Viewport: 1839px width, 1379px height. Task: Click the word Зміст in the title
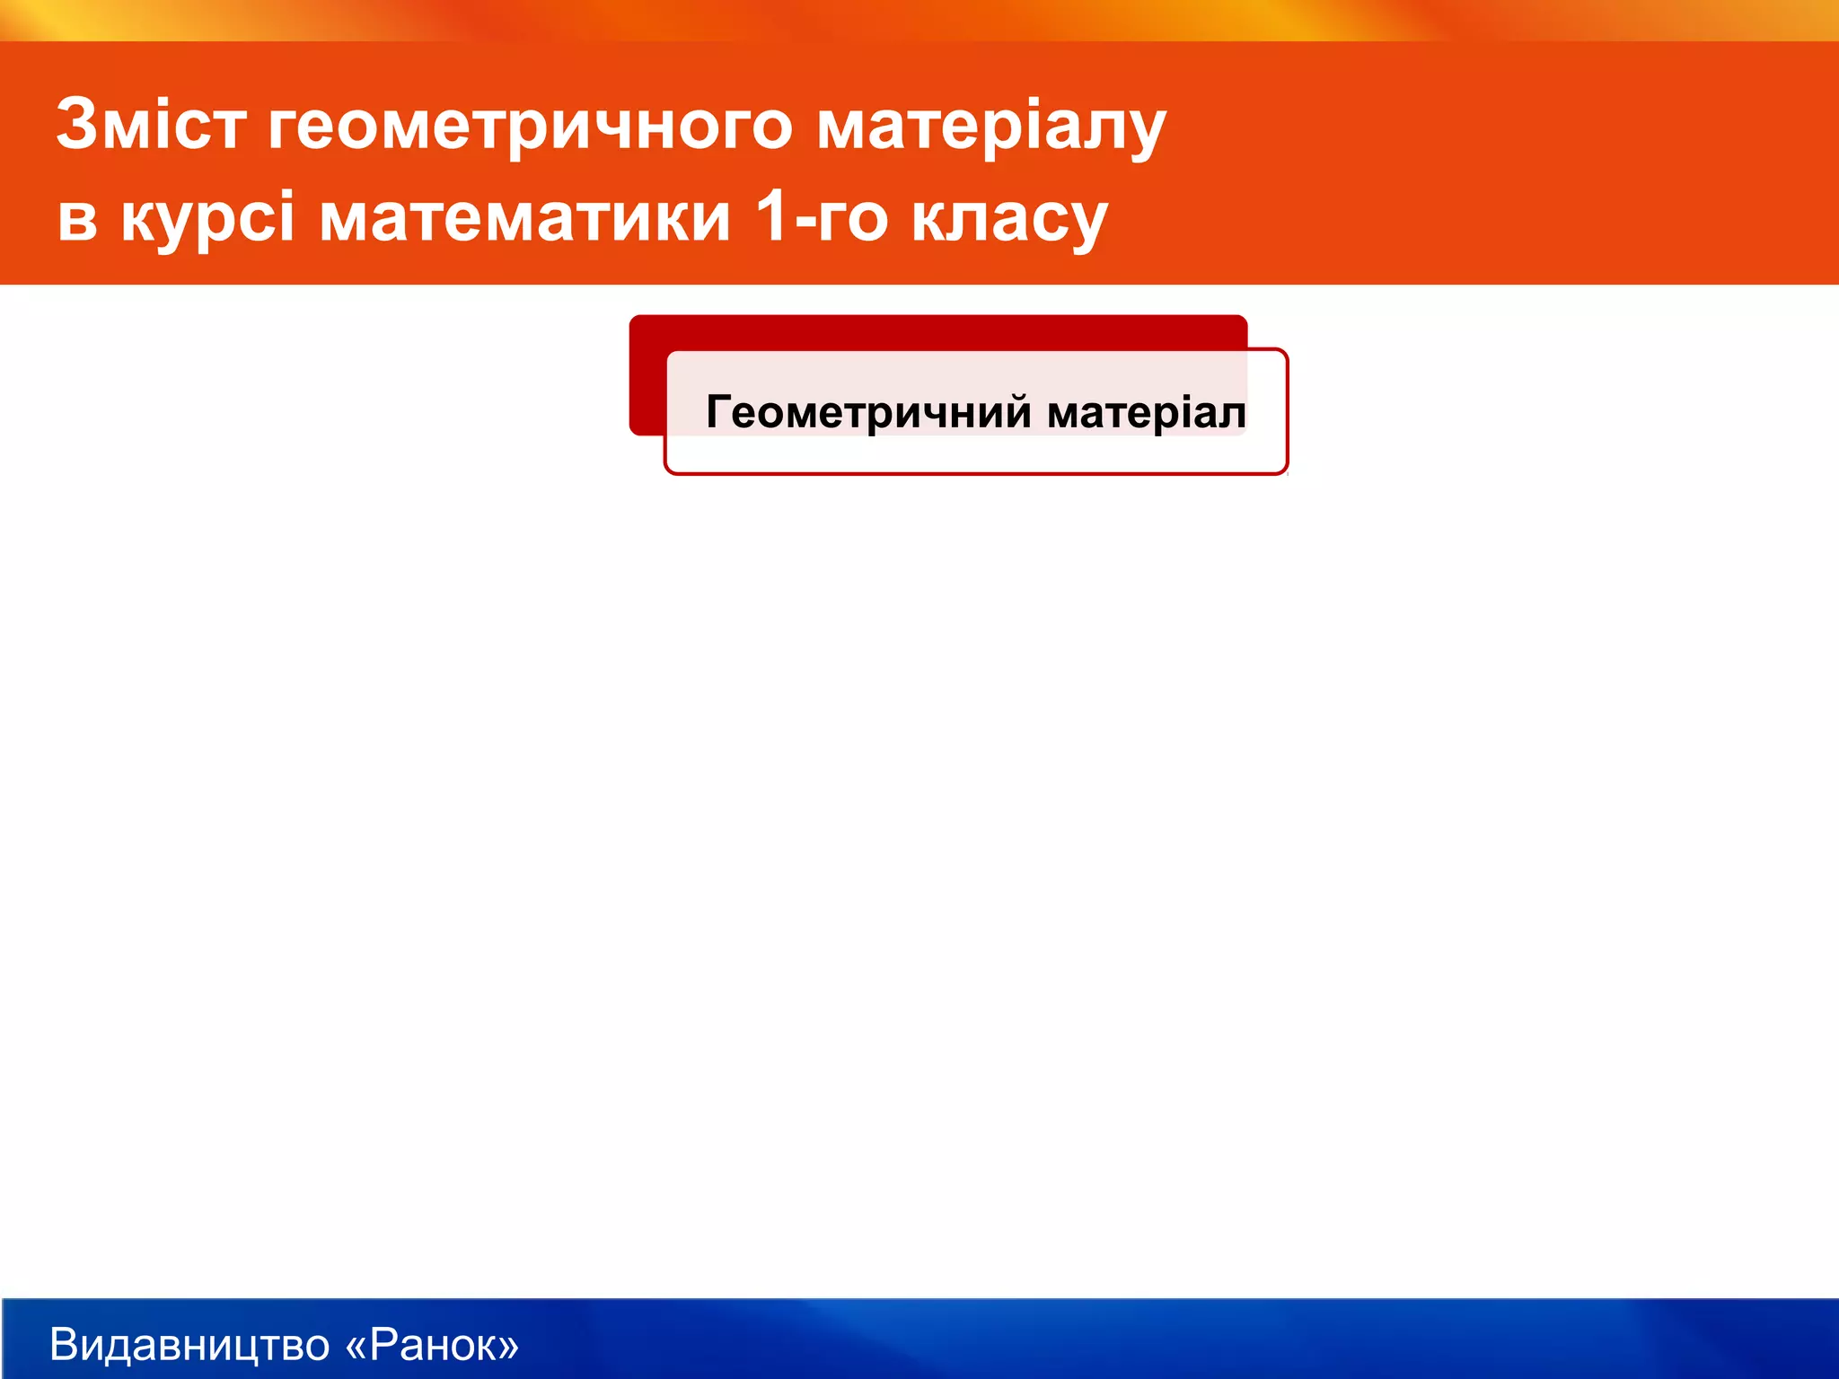[151, 124]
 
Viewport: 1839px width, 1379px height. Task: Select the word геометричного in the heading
[530, 126]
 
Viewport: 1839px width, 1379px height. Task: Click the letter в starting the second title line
[77, 219]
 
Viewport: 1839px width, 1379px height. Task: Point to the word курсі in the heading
[207, 219]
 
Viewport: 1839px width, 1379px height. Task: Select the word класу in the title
[1009, 219]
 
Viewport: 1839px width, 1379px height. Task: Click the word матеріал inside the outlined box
[1147, 413]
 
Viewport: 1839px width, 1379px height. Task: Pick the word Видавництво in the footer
[189, 1344]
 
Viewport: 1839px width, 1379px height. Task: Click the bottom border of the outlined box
[976, 472]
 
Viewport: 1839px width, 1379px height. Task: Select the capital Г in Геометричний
[719, 412]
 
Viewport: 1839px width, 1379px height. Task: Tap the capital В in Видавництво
[65, 1344]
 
